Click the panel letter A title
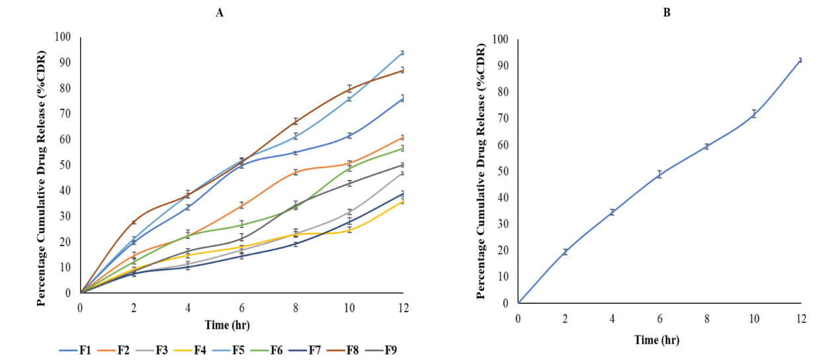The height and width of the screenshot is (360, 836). point(219,12)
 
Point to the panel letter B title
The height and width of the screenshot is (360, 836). point(667,12)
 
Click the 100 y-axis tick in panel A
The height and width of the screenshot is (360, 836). point(63,36)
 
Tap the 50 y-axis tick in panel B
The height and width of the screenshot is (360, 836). point(503,171)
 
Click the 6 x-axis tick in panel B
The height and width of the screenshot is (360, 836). point(659,318)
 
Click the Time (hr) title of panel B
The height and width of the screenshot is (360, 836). point(657,340)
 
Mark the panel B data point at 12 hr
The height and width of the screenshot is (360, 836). point(800,60)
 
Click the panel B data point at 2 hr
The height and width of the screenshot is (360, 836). point(565,251)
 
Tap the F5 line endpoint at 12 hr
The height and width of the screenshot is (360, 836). point(403,52)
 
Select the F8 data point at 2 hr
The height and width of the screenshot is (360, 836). point(134,222)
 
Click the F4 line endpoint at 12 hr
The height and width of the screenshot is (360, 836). point(403,201)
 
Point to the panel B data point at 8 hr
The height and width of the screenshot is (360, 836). point(706,146)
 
